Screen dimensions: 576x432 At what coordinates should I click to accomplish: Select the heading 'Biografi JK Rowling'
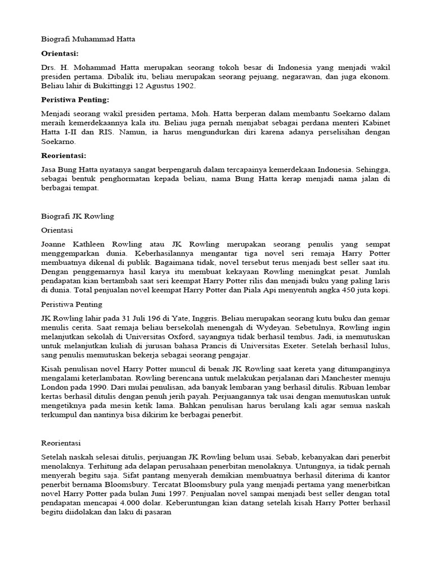(78, 216)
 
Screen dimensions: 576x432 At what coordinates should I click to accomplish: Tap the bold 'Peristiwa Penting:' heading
(75, 100)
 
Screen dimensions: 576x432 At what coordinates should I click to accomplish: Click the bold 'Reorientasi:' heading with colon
(64, 155)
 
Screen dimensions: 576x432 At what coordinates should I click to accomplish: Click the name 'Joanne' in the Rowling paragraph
(56, 244)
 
